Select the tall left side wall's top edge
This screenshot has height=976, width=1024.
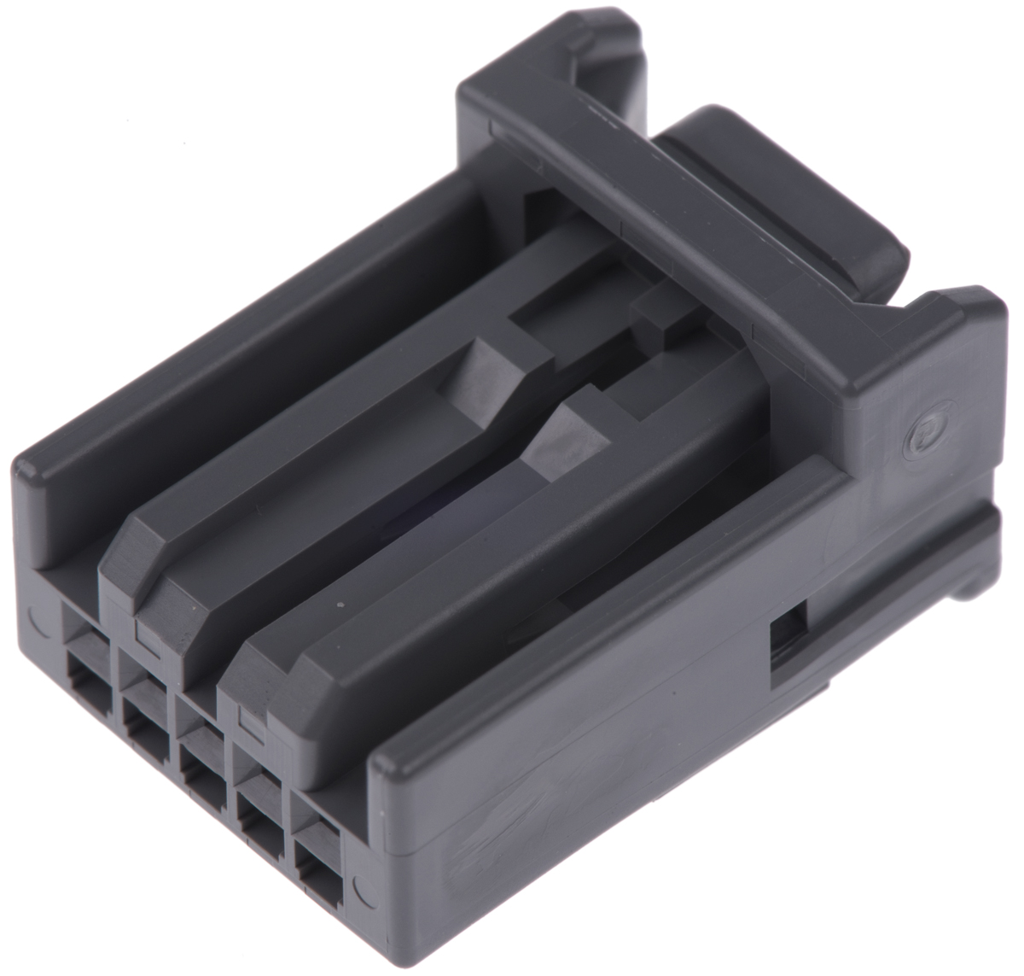coord(256,316)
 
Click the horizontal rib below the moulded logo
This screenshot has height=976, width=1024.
coord(922,546)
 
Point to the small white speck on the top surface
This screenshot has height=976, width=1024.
coord(340,605)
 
